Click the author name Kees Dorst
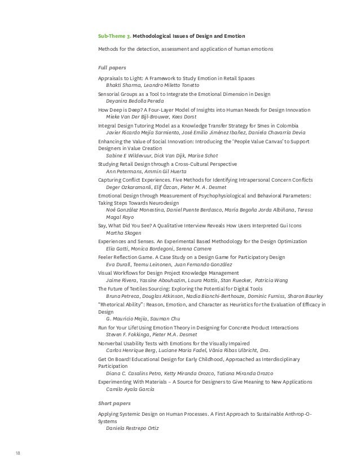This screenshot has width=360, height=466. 185,116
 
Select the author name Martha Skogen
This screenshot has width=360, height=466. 123,233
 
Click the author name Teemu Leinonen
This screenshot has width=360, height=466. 152,264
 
